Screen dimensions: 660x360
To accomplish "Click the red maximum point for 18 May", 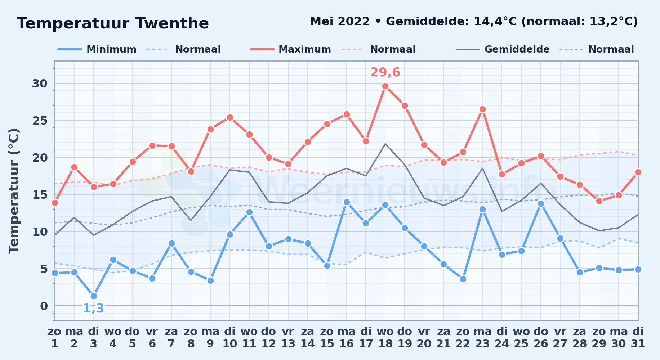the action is [x=385, y=86].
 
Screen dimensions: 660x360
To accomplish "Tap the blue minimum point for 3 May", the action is [x=94, y=296].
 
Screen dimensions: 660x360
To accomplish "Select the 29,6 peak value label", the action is [x=385, y=72].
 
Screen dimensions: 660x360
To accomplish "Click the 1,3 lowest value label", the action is [x=94, y=309].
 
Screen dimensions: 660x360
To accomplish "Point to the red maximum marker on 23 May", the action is [x=482, y=109].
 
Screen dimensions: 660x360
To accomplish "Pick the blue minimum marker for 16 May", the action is [x=347, y=202].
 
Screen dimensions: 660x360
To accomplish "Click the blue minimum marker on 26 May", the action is [x=541, y=203].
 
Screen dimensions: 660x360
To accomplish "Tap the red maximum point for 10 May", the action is [x=230, y=117].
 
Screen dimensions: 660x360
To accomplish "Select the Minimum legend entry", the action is [x=97, y=49].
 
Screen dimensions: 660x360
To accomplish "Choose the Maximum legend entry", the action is [x=290, y=49].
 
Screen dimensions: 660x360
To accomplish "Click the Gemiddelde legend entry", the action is [x=503, y=49].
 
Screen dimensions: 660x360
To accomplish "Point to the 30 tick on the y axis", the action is [x=40, y=84].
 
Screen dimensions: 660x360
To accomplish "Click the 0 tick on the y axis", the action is [x=44, y=306].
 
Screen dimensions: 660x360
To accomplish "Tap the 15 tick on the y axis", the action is [x=40, y=195].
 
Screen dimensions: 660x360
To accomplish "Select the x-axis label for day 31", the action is [x=638, y=338].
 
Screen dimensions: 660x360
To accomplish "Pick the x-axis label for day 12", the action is [x=269, y=338].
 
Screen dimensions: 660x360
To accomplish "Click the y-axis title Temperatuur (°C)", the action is [x=14, y=191].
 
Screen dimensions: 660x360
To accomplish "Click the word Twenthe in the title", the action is [x=172, y=23].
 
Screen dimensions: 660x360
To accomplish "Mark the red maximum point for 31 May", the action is [x=638, y=172].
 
